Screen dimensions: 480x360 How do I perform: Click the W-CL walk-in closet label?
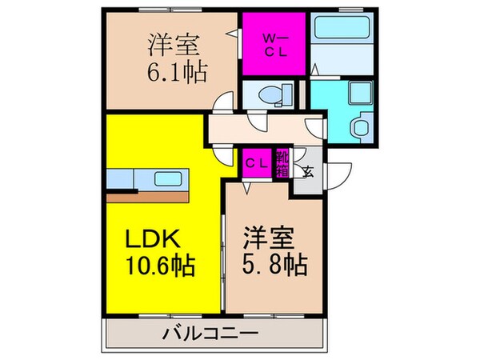(x=275, y=46)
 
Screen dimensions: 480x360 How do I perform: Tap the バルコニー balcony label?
(x=210, y=333)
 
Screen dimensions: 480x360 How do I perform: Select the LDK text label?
(x=153, y=239)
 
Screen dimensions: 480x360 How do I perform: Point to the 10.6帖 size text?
(x=161, y=265)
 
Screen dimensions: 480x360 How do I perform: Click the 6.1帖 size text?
(x=178, y=72)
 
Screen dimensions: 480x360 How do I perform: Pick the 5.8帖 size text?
(x=275, y=264)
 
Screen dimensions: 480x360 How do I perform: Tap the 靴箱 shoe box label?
(x=282, y=164)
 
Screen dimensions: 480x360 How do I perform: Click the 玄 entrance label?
(x=308, y=172)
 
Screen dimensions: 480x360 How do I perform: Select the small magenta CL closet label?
(x=257, y=164)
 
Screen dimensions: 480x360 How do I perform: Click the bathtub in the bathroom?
(x=342, y=27)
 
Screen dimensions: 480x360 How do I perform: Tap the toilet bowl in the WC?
(x=270, y=94)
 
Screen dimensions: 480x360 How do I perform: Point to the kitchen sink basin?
(x=168, y=179)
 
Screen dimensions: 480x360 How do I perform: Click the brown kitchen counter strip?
(x=147, y=198)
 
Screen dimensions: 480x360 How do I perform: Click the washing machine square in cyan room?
(x=361, y=93)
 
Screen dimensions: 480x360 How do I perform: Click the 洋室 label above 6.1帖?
(x=174, y=46)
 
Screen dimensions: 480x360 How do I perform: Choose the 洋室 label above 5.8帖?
(x=269, y=238)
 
